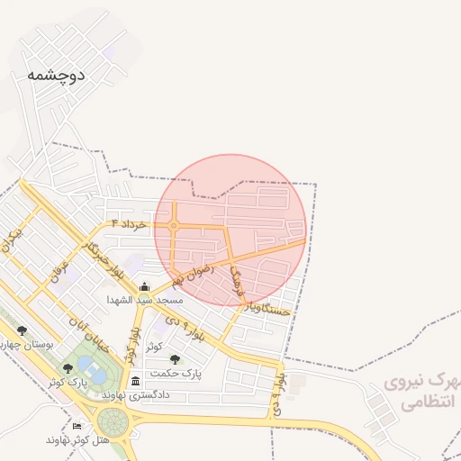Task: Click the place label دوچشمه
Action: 56,76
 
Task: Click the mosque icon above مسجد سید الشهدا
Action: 145,286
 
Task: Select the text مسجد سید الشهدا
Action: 145,299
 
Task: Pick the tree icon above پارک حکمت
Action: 175,358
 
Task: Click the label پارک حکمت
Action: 176,372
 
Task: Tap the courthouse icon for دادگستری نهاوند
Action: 135,381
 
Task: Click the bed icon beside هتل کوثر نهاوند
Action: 77,426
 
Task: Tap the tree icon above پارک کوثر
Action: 68,368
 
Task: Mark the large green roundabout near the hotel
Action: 113,420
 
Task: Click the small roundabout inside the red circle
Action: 173,226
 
